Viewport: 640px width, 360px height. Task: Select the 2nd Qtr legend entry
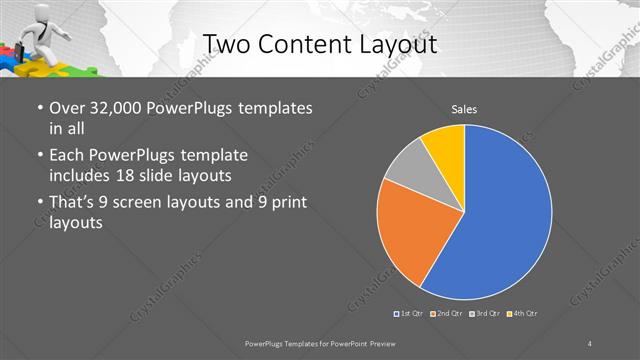447,314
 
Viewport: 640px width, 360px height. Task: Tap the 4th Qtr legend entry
525,314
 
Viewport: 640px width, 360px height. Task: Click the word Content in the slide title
304,43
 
